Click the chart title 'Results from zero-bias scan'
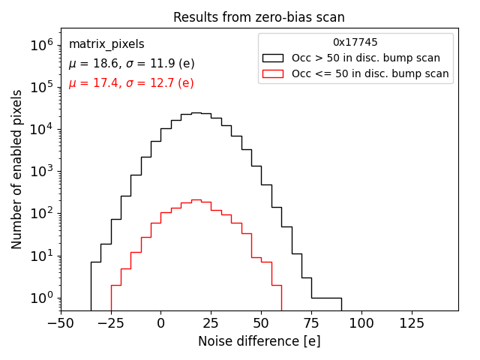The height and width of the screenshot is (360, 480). click(x=259, y=17)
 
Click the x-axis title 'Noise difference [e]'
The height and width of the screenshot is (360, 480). click(x=259, y=341)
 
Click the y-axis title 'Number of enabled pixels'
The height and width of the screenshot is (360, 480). click(x=17, y=169)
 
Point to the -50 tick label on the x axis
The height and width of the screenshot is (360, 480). click(x=61, y=323)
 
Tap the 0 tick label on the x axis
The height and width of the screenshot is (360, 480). click(x=160, y=323)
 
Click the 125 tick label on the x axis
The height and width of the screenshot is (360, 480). click(x=411, y=323)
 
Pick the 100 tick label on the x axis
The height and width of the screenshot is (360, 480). click(x=361, y=323)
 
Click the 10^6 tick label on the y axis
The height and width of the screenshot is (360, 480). click(x=41, y=45)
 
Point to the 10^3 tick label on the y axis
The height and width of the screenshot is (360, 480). click(x=41, y=171)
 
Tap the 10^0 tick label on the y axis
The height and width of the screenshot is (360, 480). click(x=41, y=298)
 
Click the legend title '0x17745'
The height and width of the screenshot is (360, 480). click(x=355, y=42)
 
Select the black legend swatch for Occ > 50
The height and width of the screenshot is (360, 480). click(x=273, y=58)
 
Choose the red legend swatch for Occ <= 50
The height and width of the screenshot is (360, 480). click(x=273, y=73)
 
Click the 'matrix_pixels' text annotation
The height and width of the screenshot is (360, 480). click(x=106, y=44)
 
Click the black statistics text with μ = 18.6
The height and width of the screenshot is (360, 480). click(x=131, y=64)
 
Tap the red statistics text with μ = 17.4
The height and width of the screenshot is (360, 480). click(x=131, y=83)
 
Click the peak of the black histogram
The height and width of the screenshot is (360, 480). click(x=196, y=113)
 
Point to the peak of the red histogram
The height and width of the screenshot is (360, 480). click(x=196, y=199)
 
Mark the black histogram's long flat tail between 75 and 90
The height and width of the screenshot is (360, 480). click(x=326, y=298)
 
